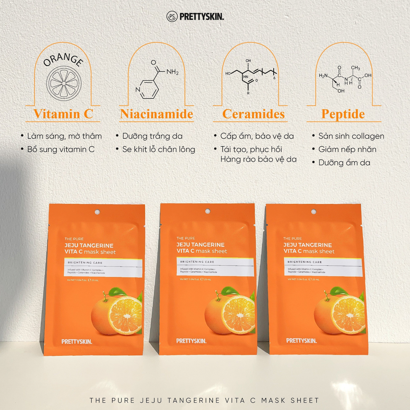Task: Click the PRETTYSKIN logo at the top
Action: [195, 16]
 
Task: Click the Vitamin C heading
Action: [63, 114]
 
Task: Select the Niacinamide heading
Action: [156, 114]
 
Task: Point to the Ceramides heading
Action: [254, 114]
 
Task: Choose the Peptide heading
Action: [343, 114]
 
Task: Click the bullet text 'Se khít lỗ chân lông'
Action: [159, 149]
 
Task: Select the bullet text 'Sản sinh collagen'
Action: [351, 136]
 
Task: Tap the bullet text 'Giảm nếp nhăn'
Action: [347, 149]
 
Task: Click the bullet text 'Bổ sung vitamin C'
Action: [61, 149]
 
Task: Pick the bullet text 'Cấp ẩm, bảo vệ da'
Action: [257, 136]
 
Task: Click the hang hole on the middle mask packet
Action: [207, 211]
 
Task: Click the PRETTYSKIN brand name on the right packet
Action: [301, 340]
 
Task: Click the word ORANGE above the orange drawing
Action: [63, 60]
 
